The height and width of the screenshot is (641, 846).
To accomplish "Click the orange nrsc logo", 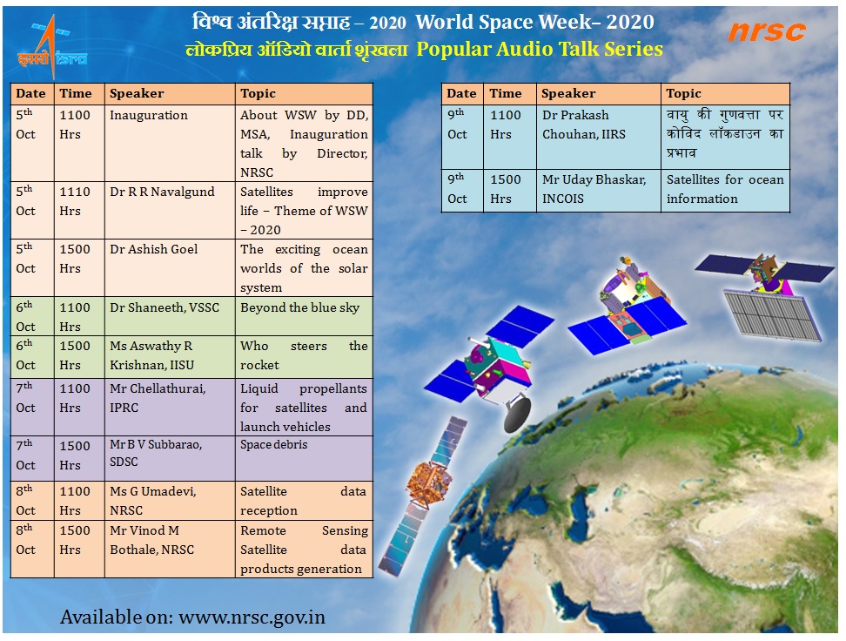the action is coord(767,32).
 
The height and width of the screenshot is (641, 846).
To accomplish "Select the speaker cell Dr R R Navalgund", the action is coord(170,210).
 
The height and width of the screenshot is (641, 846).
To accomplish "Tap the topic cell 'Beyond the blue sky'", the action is coord(304,316).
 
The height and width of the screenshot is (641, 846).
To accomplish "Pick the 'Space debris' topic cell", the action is coord(304,458).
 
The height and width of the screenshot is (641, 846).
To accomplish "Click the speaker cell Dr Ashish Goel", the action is coord(170,268).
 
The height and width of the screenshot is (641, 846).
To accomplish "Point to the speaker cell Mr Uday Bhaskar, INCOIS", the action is coord(598,190).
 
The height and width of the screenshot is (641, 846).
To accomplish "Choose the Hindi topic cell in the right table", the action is coord(725,137).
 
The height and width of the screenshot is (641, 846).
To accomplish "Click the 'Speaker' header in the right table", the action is coord(598,94).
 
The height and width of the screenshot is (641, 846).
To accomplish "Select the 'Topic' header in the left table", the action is coord(304,94).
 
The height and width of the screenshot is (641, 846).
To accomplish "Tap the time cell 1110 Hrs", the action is coord(79,210).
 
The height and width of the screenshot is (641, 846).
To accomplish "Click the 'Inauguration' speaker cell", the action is coord(170,143).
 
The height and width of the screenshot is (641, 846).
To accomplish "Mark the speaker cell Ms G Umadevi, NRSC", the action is coord(170,501).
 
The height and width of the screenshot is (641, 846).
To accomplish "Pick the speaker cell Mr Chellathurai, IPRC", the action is coord(170,408).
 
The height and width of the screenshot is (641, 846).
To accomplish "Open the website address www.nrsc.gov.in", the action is coord(252,617).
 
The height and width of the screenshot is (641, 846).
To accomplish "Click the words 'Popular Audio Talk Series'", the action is coord(540,49).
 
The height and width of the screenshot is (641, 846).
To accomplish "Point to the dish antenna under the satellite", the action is coord(517,413).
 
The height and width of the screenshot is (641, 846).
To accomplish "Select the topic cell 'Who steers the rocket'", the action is coord(304,357).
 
